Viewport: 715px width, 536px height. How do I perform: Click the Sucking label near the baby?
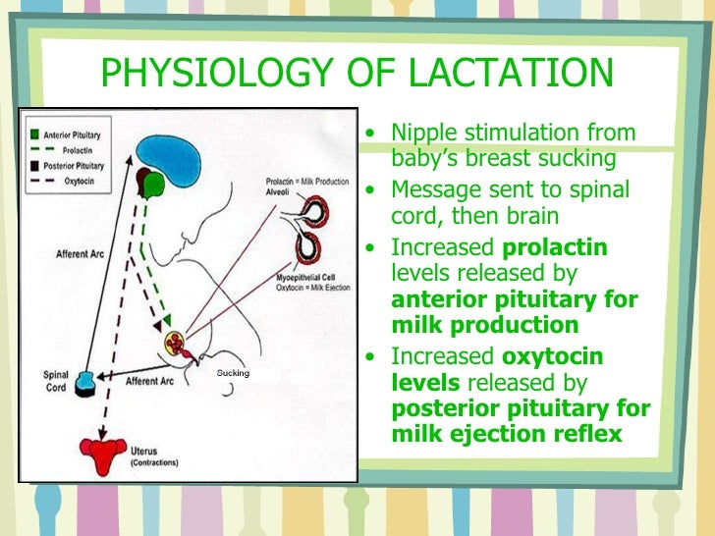coord(234,373)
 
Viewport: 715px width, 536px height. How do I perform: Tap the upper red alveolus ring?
coord(316,210)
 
